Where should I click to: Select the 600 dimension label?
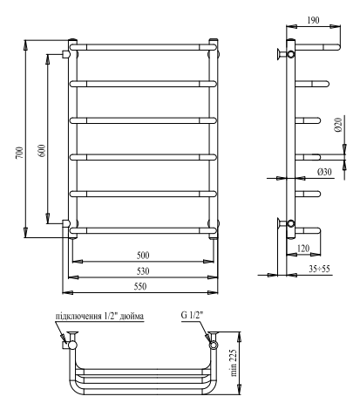pos(40,150)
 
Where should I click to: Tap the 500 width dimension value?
pos(142,255)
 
